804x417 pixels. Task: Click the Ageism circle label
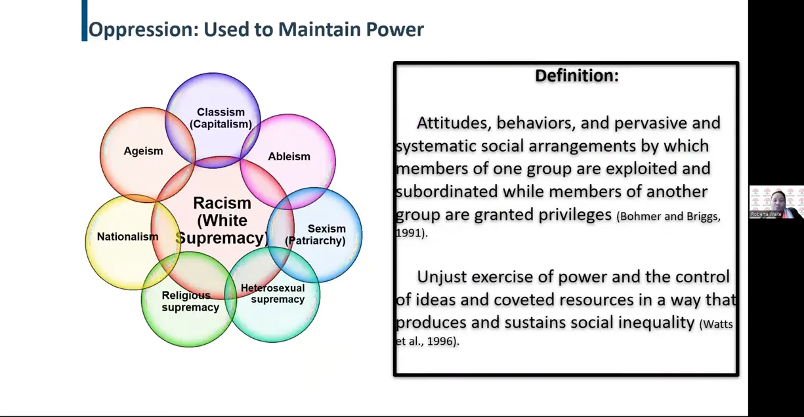[x=143, y=151]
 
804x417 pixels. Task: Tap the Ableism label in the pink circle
[x=289, y=156]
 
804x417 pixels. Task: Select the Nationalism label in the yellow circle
[x=127, y=236]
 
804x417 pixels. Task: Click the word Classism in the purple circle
[x=221, y=112]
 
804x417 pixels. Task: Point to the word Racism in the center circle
[x=222, y=203]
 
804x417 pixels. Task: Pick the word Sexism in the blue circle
[x=327, y=229]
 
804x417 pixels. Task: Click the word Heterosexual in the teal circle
[x=273, y=288]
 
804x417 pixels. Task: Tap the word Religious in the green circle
[x=186, y=296]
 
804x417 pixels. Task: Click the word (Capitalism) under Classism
[x=221, y=124]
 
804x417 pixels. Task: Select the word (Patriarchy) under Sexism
[x=315, y=240]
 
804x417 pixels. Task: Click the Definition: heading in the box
[x=577, y=76]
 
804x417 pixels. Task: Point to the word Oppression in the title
[x=144, y=30]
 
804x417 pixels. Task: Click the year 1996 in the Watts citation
[x=440, y=341]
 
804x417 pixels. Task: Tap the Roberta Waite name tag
[x=766, y=214]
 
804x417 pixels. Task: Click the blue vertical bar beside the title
[x=85, y=20]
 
